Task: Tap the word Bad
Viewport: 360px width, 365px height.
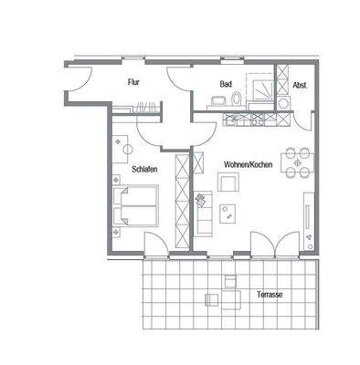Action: point(224,84)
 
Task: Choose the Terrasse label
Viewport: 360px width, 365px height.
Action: point(267,297)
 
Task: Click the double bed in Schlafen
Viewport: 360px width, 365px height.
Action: point(134,205)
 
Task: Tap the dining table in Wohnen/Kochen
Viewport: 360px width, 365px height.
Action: point(297,161)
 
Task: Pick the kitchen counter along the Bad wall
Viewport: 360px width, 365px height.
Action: point(239,119)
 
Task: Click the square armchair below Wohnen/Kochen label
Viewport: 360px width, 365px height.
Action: point(228,185)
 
